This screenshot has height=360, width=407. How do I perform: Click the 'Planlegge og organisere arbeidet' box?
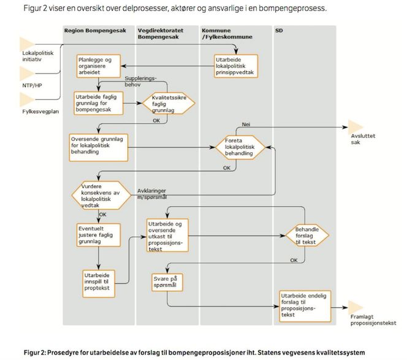click(x=99, y=66)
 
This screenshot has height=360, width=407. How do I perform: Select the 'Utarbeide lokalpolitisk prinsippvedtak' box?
click(x=236, y=66)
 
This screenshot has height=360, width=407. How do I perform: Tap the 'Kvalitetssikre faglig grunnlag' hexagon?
click(x=169, y=103)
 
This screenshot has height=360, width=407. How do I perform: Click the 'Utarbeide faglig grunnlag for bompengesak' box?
click(x=99, y=103)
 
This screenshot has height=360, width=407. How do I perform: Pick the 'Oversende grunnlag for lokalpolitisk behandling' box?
click(x=99, y=148)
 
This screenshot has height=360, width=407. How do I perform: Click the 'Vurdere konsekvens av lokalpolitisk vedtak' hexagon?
click(x=101, y=195)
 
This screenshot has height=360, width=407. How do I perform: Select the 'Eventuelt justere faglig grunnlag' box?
click(x=99, y=235)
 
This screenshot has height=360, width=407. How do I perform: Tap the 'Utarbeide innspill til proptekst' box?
click(x=99, y=283)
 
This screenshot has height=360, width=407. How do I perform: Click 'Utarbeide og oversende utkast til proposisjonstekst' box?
click(x=167, y=236)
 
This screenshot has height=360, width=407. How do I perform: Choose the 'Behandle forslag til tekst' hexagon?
click(x=307, y=236)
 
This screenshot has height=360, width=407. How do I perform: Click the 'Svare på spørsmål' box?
click(x=167, y=282)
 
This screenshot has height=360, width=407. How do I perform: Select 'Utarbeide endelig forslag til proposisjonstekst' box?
click(x=305, y=306)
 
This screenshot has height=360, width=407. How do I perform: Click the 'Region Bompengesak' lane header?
click(x=95, y=31)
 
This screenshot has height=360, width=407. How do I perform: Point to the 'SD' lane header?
click(x=279, y=31)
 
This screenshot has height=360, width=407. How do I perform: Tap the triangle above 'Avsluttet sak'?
click(x=356, y=127)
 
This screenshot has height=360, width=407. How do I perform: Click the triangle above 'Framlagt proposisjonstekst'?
click(x=356, y=307)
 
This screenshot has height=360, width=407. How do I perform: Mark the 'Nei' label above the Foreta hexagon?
click(x=246, y=124)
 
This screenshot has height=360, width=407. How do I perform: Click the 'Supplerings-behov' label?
click(x=140, y=82)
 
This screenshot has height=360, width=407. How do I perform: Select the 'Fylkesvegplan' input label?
click(x=40, y=112)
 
